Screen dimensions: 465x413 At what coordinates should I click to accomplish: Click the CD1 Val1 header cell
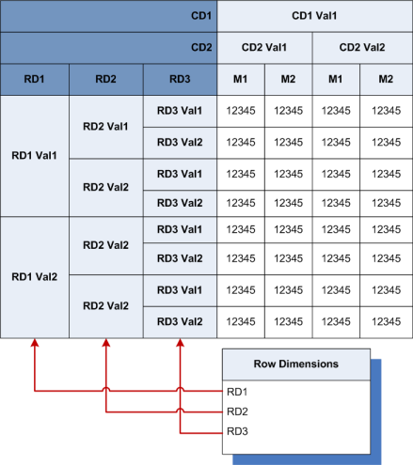tap(314, 15)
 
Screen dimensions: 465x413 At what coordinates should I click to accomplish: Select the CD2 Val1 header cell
tap(265, 47)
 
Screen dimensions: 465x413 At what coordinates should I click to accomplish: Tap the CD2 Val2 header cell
tap(362, 47)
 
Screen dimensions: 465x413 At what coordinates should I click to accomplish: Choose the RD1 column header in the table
tap(34, 79)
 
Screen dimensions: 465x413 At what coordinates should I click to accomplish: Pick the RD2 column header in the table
tap(105, 79)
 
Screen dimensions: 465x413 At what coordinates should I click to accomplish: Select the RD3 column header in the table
tap(179, 79)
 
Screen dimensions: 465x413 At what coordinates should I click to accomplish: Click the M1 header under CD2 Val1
tap(241, 79)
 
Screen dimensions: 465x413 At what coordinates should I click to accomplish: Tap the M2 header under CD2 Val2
tap(387, 79)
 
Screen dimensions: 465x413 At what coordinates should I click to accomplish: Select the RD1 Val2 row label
tap(34, 277)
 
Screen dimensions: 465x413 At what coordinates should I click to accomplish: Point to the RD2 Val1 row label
tap(105, 126)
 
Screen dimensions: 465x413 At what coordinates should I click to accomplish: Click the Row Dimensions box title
tap(296, 364)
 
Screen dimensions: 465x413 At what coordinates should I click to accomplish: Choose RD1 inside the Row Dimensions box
tap(239, 390)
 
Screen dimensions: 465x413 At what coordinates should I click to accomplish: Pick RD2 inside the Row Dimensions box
tap(239, 411)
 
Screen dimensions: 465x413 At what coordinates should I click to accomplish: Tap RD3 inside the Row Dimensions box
tap(239, 431)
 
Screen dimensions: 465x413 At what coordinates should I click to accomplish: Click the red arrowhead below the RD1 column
tap(34, 345)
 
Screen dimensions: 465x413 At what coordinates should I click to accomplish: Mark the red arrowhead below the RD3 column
tap(179, 345)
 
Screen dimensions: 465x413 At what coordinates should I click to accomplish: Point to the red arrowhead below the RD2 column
tap(105, 345)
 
